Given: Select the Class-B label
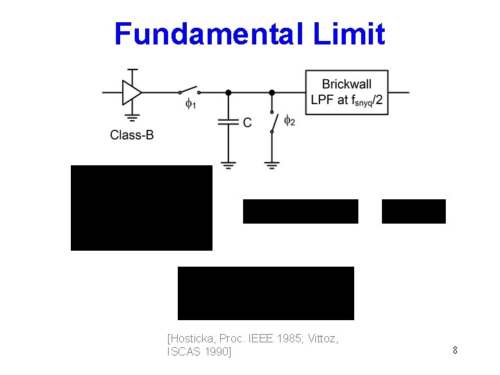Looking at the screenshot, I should pyautogui.click(x=132, y=135).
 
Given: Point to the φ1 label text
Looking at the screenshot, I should pyautogui.click(x=190, y=105).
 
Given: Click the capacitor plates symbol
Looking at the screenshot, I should pyautogui.click(x=228, y=122).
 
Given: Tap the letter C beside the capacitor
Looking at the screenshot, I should pyautogui.click(x=247, y=123).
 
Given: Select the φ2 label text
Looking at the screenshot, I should pyautogui.click(x=290, y=122).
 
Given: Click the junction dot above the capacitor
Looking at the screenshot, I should pyautogui.click(x=228, y=92).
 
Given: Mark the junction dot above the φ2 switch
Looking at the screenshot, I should pyautogui.click(x=272, y=92).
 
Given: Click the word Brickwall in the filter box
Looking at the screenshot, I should pyautogui.click(x=347, y=84).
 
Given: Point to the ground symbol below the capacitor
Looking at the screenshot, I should pyautogui.click(x=228, y=165).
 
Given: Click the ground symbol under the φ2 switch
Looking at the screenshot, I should pyautogui.click(x=272, y=165).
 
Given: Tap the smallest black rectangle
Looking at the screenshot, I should pyautogui.click(x=414, y=211).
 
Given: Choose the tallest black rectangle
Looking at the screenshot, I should pyautogui.click(x=142, y=208).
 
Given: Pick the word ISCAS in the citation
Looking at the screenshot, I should pyautogui.click(x=187, y=352).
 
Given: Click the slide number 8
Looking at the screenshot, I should pyautogui.click(x=455, y=350).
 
